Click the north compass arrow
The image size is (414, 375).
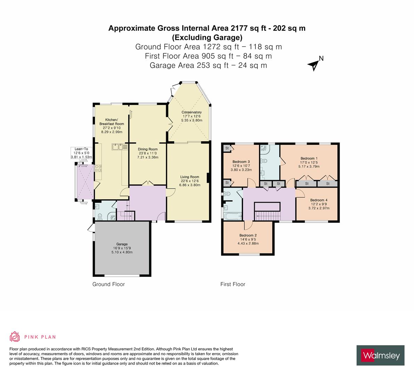click(x=314, y=64)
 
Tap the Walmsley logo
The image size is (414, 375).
click(x=381, y=355)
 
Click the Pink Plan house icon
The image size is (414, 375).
click(x=15, y=336)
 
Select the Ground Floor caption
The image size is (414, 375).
click(x=108, y=284)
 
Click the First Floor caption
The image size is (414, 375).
click(x=233, y=284)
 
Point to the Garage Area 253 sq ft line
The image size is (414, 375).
click(x=208, y=65)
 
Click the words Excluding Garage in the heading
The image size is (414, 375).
click(x=207, y=37)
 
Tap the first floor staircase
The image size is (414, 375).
click(x=267, y=212)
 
